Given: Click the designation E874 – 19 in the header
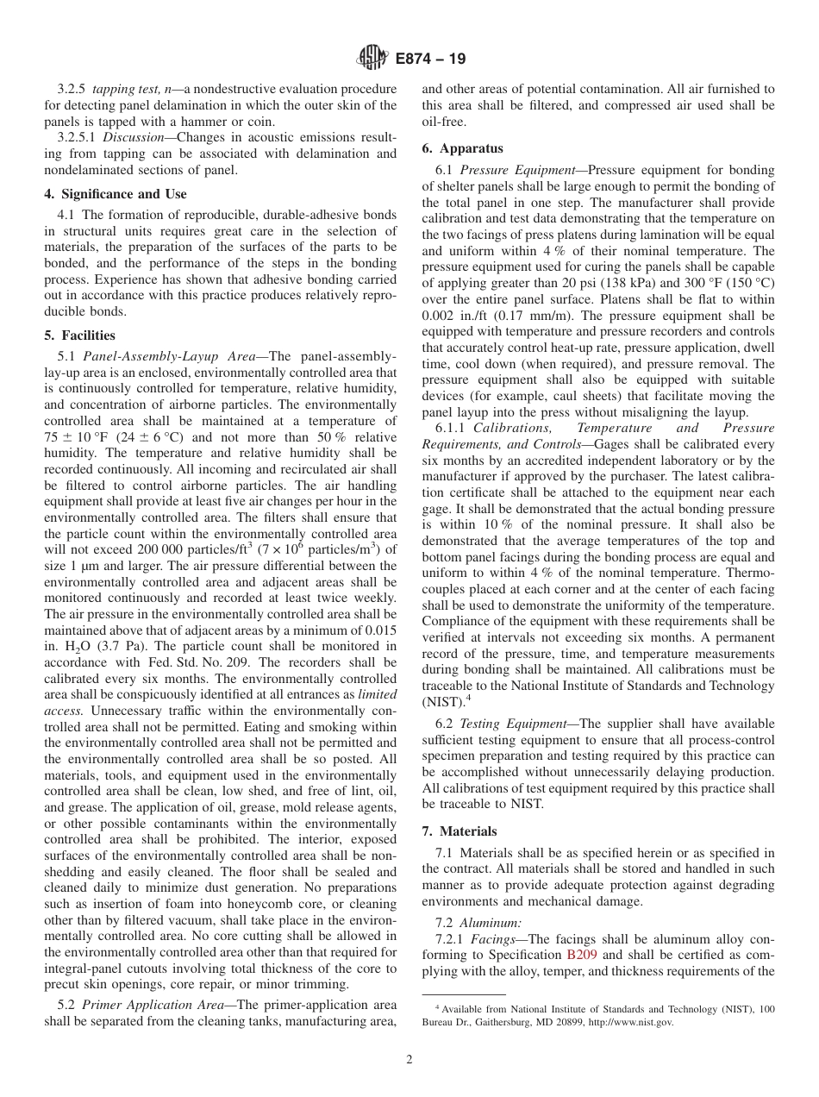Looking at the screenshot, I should point(430,59).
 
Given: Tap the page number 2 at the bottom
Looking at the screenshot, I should point(409,1060).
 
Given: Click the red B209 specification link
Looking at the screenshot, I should point(580,955).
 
